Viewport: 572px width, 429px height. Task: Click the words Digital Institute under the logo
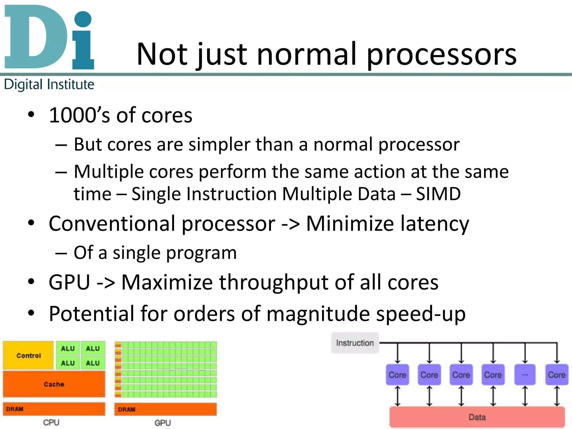click(49, 84)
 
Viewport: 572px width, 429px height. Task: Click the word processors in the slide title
click(441, 54)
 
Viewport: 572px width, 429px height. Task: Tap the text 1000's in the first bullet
click(79, 115)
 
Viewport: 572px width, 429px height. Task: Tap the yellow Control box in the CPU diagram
click(28, 355)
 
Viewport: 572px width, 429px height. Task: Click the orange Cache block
click(54, 384)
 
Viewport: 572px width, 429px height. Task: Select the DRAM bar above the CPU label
click(54, 409)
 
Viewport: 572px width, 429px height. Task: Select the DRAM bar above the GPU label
click(165, 409)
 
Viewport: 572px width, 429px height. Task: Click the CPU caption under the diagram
click(51, 422)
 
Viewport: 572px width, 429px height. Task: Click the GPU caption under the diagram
click(163, 423)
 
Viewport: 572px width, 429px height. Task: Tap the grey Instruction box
click(355, 343)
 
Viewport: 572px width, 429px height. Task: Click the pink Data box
click(477, 417)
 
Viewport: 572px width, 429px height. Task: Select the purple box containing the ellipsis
click(525, 375)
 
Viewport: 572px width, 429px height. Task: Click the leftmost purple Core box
click(397, 375)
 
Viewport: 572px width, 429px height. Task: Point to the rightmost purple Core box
click(557, 375)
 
